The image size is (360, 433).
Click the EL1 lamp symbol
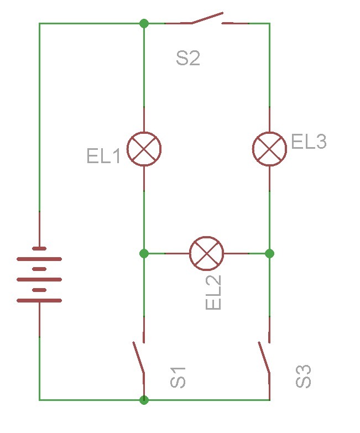144,148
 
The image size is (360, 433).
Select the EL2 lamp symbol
206,253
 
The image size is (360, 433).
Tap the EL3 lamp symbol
269,148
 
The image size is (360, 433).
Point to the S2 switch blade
207,18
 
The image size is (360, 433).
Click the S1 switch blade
138,358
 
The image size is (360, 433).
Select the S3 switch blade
264,358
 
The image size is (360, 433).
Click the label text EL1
103,156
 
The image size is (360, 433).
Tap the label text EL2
213,293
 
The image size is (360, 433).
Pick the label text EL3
309,142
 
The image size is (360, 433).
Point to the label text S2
187,59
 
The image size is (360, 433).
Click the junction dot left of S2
144,23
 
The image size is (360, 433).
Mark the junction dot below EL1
144,253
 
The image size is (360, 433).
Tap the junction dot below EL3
269,253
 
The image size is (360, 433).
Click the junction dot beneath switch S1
144,399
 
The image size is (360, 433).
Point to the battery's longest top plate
39,258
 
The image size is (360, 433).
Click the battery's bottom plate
39,301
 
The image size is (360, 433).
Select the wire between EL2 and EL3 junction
246,253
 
